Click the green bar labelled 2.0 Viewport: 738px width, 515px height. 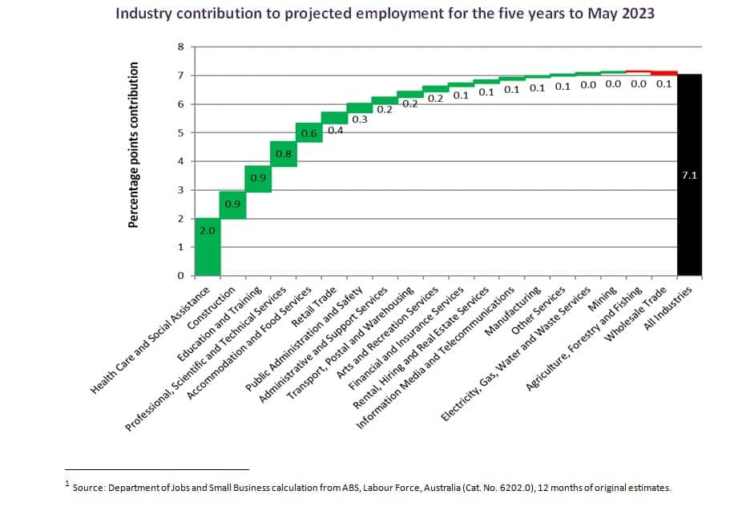208,247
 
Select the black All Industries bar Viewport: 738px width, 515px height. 690,174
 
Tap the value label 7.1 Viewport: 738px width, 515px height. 690,174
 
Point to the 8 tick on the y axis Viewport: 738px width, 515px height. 181,47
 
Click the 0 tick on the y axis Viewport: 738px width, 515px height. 181,276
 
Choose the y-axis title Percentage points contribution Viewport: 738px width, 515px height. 135,144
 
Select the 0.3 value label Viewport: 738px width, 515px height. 360,120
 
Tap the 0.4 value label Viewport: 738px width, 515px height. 335,130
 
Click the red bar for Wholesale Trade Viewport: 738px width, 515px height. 664,72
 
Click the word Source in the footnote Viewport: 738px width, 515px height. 88,487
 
